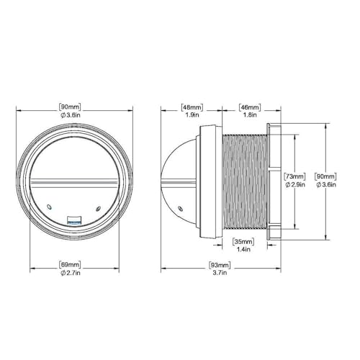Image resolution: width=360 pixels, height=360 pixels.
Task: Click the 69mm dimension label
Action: [x=70, y=265]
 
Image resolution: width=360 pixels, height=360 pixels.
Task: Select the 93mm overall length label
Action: [x=220, y=265]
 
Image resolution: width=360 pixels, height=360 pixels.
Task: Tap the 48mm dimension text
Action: [x=192, y=107]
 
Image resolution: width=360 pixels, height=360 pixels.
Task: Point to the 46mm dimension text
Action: [x=250, y=107]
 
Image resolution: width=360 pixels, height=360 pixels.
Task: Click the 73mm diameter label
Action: [x=294, y=176]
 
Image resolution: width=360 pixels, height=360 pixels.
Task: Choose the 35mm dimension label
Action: [x=243, y=241]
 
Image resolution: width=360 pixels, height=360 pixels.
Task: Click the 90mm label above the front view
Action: [x=70, y=107]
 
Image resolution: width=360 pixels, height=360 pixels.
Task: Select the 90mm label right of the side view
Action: [x=325, y=176]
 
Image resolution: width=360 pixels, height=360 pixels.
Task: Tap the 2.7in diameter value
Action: [x=71, y=273]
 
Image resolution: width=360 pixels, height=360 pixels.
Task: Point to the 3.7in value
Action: [x=220, y=273]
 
